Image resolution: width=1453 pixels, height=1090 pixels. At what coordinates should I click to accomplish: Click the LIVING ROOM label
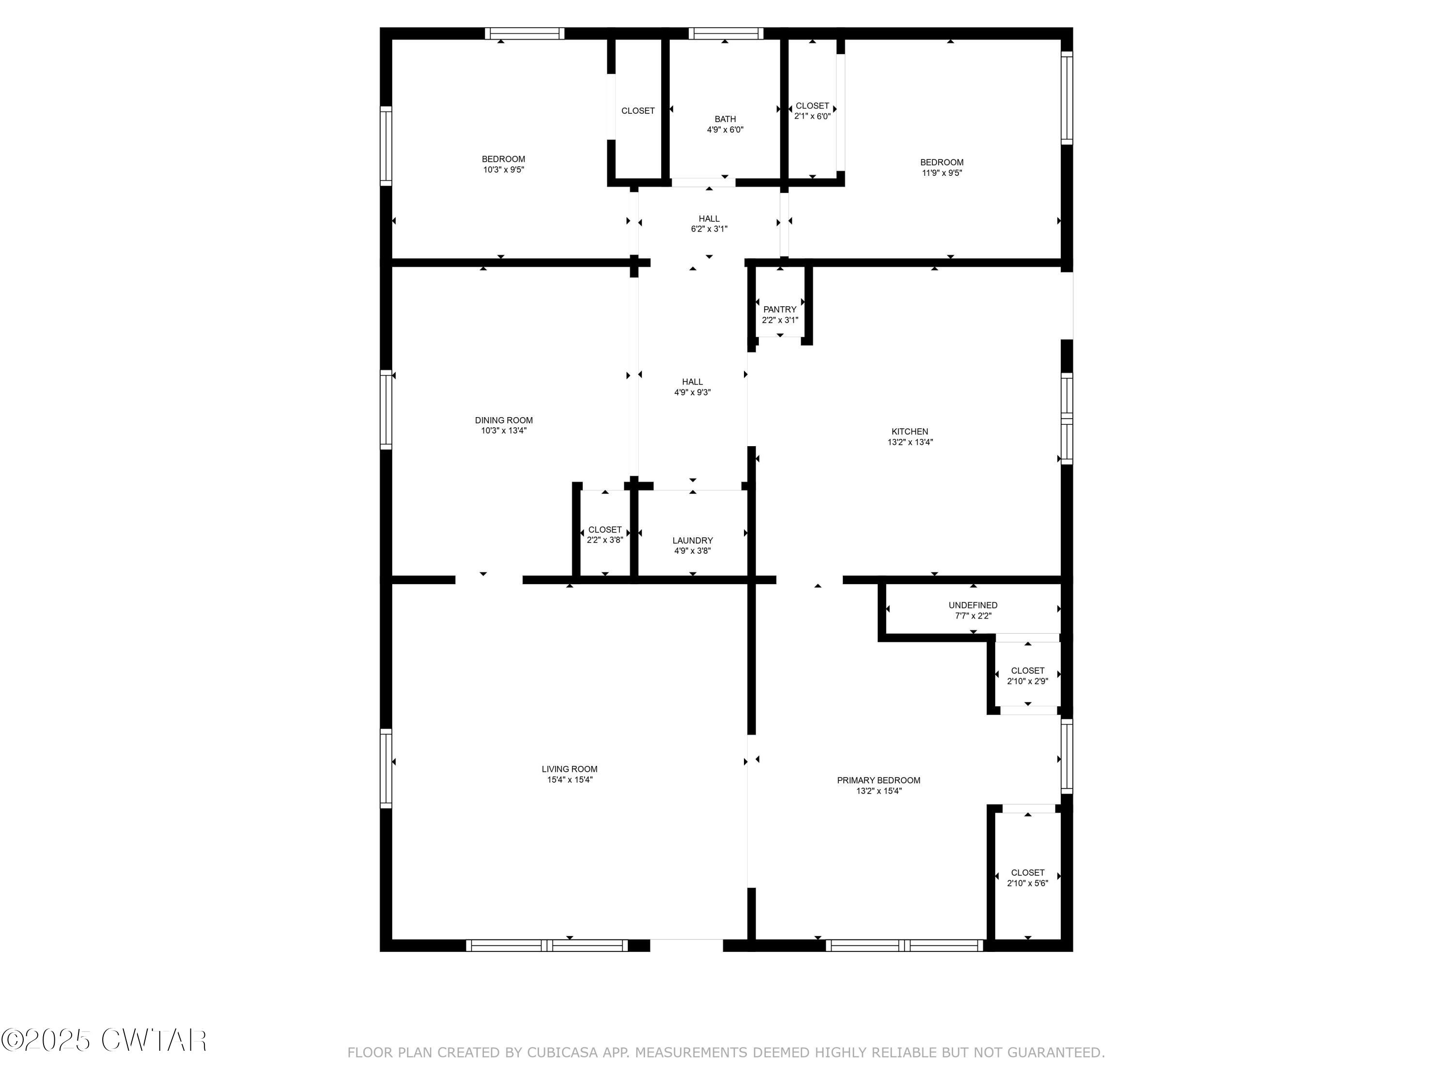click(x=570, y=769)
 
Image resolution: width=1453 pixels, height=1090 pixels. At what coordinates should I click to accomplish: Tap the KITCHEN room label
click(x=910, y=432)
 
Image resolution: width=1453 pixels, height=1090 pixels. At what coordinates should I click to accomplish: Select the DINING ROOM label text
click(x=504, y=420)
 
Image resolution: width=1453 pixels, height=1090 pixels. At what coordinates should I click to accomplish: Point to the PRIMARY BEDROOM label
click(x=878, y=780)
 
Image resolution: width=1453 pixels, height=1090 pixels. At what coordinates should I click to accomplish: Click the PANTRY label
click(x=780, y=310)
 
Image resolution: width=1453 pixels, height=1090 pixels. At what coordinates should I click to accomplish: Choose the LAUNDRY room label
click(x=692, y=541)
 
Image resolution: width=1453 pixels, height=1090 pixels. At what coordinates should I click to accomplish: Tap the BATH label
click(x=725, y=119)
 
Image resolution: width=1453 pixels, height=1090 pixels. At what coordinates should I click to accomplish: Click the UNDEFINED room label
click(x=973, y=605)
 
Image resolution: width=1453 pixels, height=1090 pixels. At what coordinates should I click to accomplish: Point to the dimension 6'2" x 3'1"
click(x=709, y=229)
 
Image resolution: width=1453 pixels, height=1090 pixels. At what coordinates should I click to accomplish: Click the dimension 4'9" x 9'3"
click(x=692, y=392)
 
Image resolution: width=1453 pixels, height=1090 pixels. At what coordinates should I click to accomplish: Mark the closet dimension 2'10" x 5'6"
click(x=1027, y=883)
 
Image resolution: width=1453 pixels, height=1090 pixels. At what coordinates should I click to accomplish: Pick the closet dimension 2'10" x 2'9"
click(x=1027, y=681)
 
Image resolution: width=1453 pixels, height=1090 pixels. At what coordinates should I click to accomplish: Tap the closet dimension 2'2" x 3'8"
click(x=604, y=540)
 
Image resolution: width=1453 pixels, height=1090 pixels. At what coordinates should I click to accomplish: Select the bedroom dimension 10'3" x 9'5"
click(x=504, y=170)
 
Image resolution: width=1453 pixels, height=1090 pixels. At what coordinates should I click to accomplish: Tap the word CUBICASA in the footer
click(x=562, y=1053)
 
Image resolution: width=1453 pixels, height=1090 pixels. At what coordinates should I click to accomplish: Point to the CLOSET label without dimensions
click(x=638, y=111)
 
